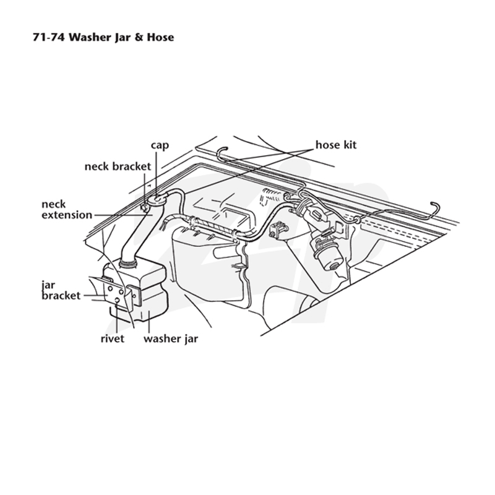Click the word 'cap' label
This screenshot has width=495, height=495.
tap(160, 146)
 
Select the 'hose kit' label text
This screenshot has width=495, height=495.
tap(336, 145)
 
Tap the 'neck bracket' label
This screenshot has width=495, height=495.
tap(118, 166)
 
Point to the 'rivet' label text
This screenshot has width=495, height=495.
tap(113, 338)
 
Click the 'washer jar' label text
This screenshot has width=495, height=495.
tap(171, 339)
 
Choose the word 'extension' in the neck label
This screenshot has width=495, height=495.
tap(67, 215)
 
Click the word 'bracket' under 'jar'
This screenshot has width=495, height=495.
tap(61, 296)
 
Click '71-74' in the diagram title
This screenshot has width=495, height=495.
tap(49, 37)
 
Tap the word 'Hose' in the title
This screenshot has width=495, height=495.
tap(160, 37)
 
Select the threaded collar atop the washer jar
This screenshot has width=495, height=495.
tap(128, 262)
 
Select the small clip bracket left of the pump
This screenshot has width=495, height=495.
tap(278, 230)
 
